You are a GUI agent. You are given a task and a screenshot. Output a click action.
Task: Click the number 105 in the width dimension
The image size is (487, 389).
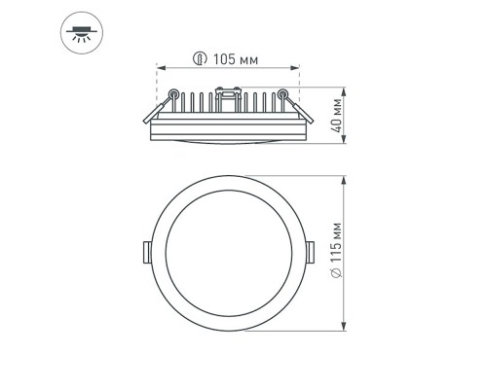pyautogui.click(x=223, y=60)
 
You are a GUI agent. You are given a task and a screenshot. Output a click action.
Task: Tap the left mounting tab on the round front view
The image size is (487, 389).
pyautogui.click(x=145, y=251)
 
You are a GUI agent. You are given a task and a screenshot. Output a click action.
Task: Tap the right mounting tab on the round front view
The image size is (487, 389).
pyautogui.click(x=311, y=251)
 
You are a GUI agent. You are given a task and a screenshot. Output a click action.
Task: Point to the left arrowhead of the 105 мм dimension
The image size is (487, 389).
pyautogui.click(x=160, y=68)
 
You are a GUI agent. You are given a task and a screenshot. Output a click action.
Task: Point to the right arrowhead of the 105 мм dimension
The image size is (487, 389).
pyautogui.click(x=297, y=68)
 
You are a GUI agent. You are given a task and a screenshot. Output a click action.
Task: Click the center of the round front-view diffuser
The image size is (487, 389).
pyautogui.click(x=228, y=253)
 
